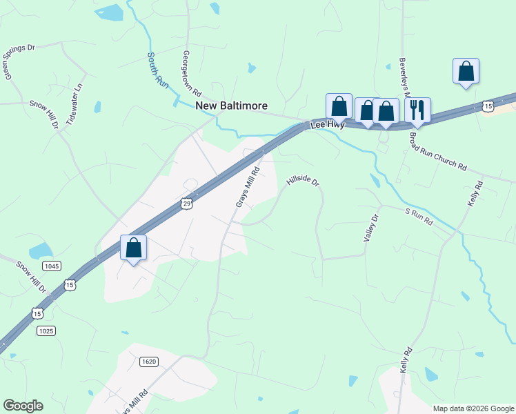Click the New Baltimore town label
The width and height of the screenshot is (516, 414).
pyautogui.click(x=231, y=106)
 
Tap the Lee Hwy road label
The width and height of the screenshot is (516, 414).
pyautogui.click(x=327, y=125)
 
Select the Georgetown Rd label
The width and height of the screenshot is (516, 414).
pyautogui.click(x=191, y=73)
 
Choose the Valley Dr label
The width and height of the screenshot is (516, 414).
pyautogui.click(x=372, y=228)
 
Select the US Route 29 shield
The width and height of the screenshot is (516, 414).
pyautogui.click(x=186, y=203)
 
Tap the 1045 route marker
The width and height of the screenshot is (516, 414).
pyautogui.click(x=51, y=266)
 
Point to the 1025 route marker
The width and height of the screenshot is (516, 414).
pyautogui.click(x=46, y=331)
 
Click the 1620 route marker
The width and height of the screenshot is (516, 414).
pyautogui.click(x=148, y=362)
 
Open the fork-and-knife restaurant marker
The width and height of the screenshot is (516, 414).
pyautogui.click(x=417, y=109)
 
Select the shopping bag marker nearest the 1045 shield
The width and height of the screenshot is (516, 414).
pyautogui.click(x=133, y=247)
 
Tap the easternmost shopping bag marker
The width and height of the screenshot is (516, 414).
pyautogui.click(x=466, y=70)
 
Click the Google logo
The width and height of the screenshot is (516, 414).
pyautogui.click(x=23, y=406)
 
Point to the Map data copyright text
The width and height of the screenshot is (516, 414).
pyautogui.click(x=473, y=408)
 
